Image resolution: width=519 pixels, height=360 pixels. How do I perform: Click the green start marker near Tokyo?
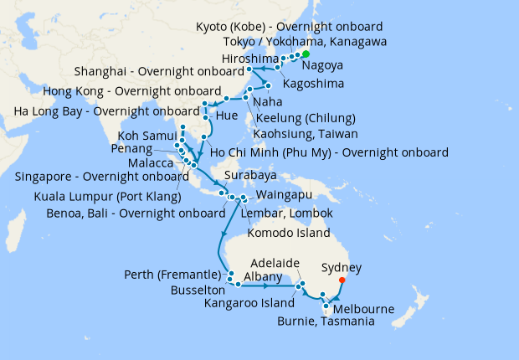[x=305, y=54]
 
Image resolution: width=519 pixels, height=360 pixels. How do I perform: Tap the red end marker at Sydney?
[x=342, y=280]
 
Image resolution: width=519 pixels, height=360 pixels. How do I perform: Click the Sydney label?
[x=342, y=268]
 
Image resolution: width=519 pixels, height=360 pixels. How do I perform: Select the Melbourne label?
[x=365, y=309]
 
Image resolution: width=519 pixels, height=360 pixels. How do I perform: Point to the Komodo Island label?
[x=290, y=233]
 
